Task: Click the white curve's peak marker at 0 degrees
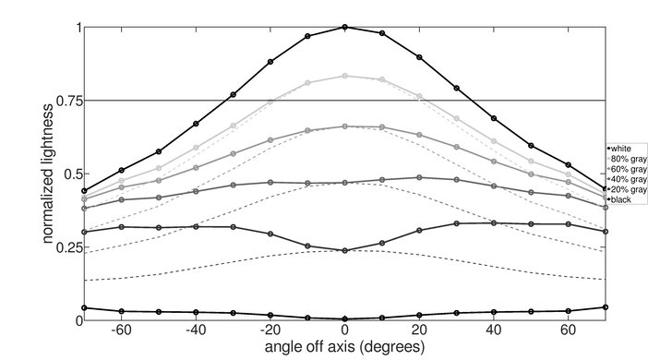coord(345,27)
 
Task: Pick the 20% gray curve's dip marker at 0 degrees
coord(345,250)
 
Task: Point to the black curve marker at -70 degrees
coord(84,307)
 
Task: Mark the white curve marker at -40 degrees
coord(196,124)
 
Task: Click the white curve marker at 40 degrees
coord(494,118)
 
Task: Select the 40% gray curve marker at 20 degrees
coord(419,177)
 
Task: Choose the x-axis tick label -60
coord(120,330)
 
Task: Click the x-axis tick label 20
coord(419,330)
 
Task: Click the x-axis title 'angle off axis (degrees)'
coord(345,347)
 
